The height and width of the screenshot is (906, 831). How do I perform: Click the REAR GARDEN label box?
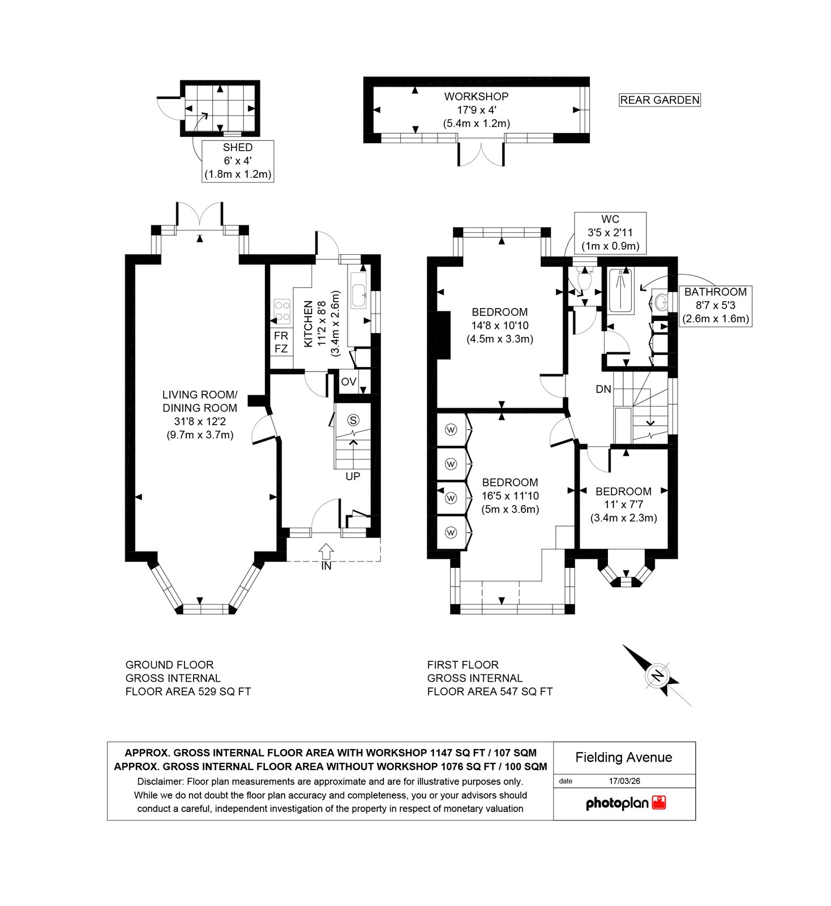[x=660, y=100]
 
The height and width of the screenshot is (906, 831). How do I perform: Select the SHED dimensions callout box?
[x=238, y=161]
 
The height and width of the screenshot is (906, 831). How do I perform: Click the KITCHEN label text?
[x=309, y=324]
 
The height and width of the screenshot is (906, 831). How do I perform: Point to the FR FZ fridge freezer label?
[x=281, y=342]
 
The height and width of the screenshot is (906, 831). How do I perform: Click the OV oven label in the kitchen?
[x=349, y=382]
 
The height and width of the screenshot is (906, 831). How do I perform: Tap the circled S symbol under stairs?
[x=354, y=420]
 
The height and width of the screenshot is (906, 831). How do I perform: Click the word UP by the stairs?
[x=353, y=476]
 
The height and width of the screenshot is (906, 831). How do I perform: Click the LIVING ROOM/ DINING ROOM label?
[x=200, y=414]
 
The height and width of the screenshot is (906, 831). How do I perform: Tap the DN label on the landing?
[x=603, y=389]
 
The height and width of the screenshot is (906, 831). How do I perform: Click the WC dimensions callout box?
[x=610, y=232]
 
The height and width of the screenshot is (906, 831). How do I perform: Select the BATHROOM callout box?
[x=716, y=305]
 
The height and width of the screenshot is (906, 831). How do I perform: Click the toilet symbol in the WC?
[x=584, y=277]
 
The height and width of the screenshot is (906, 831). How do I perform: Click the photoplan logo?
[x=626, y=803]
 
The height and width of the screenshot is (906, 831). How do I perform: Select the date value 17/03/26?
[x=624, y=781]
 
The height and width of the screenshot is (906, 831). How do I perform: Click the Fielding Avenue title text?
[x=624, y=758]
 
